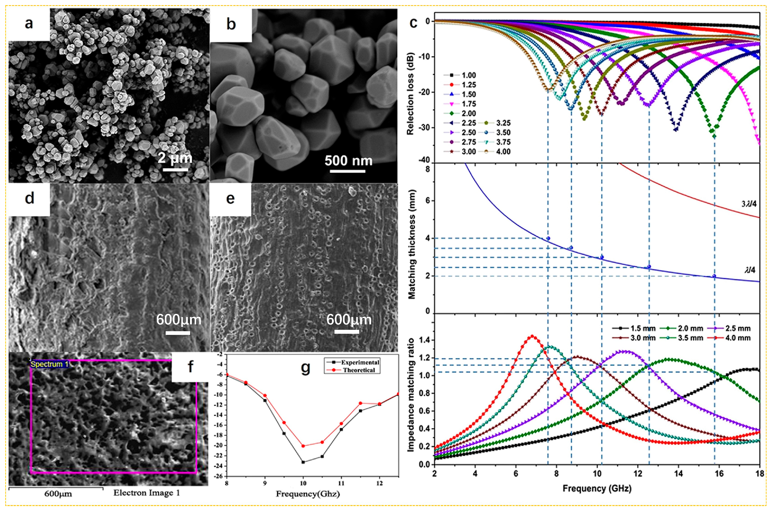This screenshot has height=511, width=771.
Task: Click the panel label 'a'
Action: [x=29, y=24]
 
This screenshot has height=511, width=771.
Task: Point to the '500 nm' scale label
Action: [x=348, y=161]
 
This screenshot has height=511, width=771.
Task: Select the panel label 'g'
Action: [x=305, y=368]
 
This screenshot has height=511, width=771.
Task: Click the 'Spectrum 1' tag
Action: [x=49, y=364]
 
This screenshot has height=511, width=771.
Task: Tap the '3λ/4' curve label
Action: [x=749, y=204]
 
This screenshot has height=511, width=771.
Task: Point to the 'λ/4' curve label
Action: [x=750, y=270]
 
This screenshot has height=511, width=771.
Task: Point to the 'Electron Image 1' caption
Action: [x=146, y=493]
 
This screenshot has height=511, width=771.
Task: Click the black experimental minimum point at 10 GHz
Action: [x=303, y=462]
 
